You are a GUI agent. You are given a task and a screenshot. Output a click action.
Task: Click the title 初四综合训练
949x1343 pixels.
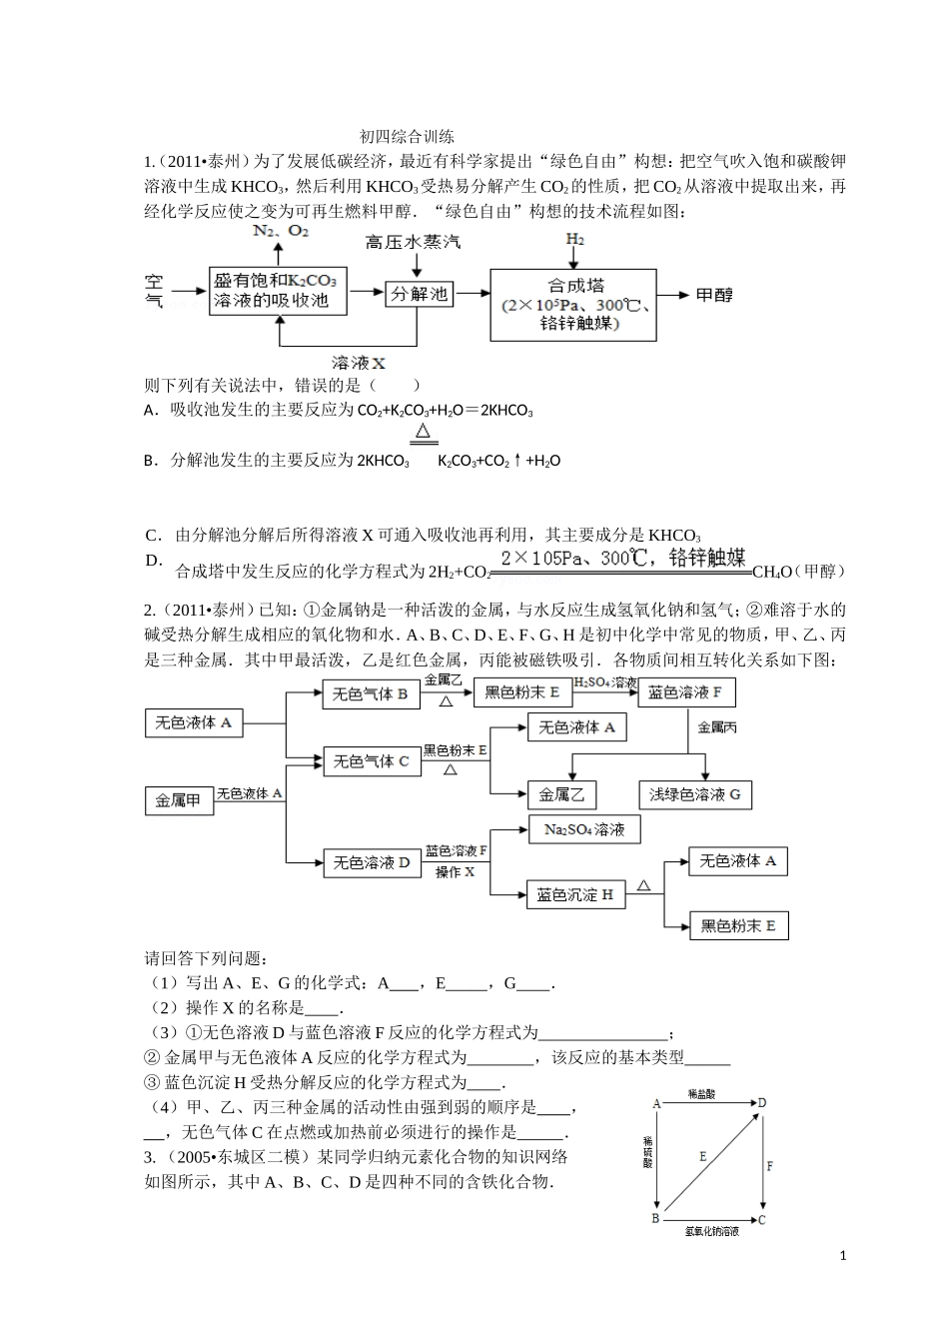point(407,137)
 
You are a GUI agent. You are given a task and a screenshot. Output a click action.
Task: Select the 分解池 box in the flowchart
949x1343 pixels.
point(420,294)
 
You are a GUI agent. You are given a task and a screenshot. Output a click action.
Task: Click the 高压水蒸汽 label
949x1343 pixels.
point(413,243)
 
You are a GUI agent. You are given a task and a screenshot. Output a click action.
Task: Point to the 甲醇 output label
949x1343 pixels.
point(714,295)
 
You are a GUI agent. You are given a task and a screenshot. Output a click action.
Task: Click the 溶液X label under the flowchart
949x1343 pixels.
point(358,363)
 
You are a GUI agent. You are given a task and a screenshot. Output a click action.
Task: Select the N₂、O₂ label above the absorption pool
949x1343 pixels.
point(281,232)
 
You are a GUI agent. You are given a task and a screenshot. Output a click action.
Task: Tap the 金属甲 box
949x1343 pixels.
point(180,801)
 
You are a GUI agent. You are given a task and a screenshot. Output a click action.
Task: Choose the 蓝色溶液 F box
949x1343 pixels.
point(684,692)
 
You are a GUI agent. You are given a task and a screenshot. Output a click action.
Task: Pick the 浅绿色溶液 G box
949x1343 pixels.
point(695,794)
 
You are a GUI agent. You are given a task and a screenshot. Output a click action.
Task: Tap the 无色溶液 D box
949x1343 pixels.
point(371,862)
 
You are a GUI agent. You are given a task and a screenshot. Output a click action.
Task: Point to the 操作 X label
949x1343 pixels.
point(455,872)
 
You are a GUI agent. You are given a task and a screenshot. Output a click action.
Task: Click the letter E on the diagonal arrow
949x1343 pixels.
point(702,1156)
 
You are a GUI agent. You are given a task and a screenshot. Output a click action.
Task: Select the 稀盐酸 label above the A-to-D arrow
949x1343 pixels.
point(701,1095)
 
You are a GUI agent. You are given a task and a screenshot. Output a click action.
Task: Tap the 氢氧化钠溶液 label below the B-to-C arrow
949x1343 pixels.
point(711,1232)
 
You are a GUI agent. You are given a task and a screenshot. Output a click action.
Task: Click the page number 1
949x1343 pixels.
point(844,1255)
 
